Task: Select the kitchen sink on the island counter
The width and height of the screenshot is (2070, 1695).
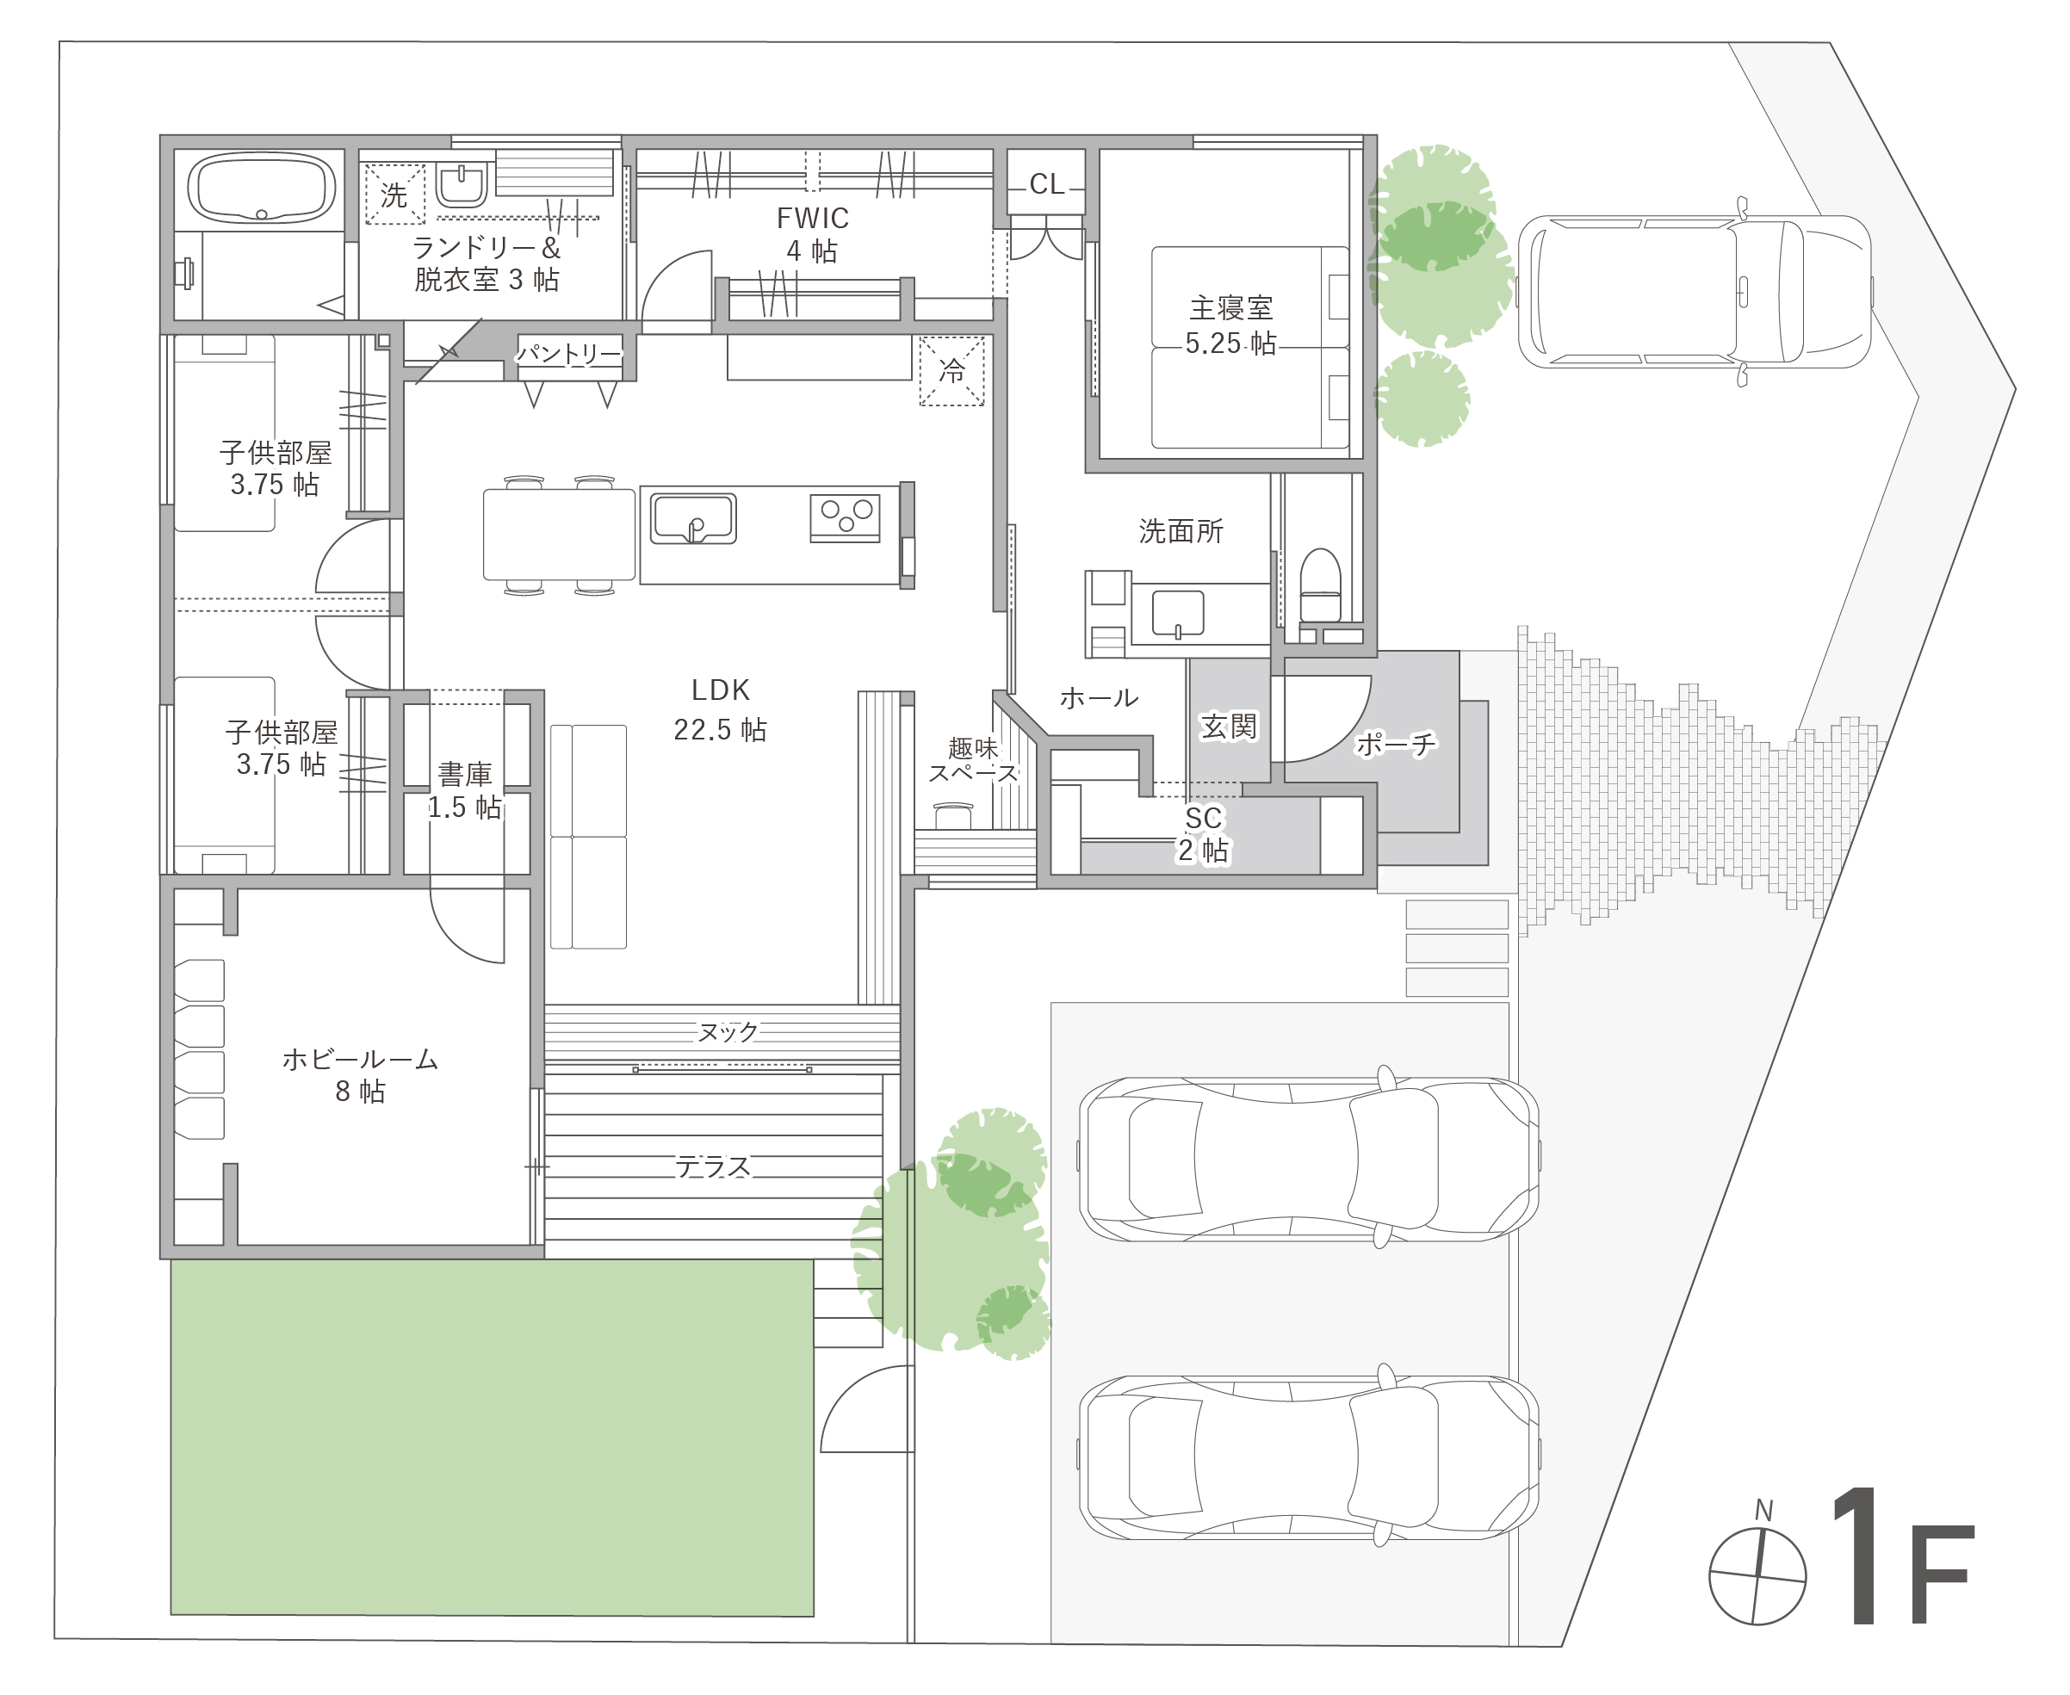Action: point(693,519)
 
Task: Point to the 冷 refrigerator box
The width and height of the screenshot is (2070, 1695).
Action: point(951,371)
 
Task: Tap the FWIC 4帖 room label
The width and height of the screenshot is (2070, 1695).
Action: point(811,234)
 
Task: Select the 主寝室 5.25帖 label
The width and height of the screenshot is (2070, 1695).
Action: point(1230,326)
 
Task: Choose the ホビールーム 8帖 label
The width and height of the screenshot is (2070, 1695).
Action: point(360,1075)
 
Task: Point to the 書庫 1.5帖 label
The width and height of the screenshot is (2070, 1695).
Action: point(465,791)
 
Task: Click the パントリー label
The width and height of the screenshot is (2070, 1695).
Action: point(569,352)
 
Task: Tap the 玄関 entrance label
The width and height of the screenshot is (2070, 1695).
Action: point(1229,727)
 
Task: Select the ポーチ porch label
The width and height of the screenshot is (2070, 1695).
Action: point(1395,745)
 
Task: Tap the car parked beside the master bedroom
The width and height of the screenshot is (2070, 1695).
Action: point(1694,292)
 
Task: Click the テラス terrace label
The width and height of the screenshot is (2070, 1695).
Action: point(713,1166)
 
